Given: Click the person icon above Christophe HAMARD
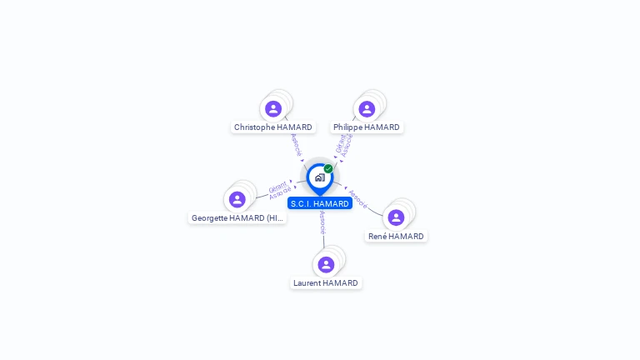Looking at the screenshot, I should point(273,109).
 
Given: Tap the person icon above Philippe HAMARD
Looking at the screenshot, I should point(367,109).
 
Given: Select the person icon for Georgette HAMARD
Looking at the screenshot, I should point(237,199).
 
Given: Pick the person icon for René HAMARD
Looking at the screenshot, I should point(396,217).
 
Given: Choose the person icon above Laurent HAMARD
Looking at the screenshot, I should point(326,264).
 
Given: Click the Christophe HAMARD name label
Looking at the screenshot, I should point(273,127).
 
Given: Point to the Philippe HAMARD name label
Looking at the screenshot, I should point(367,127).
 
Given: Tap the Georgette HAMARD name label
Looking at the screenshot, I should point(237,218).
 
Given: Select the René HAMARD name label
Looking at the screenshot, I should point(397,237).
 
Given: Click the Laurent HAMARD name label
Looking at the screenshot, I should point(326,283).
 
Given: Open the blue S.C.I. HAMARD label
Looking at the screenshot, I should point(320,203).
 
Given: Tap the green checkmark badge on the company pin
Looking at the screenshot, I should point(328,169).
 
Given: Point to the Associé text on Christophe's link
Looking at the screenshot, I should point(296,145).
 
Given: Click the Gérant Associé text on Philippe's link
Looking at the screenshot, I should point(344,144).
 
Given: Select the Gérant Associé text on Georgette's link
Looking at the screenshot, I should point(280,189).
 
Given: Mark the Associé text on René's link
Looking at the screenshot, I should point(357,198).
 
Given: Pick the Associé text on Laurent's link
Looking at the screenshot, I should point(322,222).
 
